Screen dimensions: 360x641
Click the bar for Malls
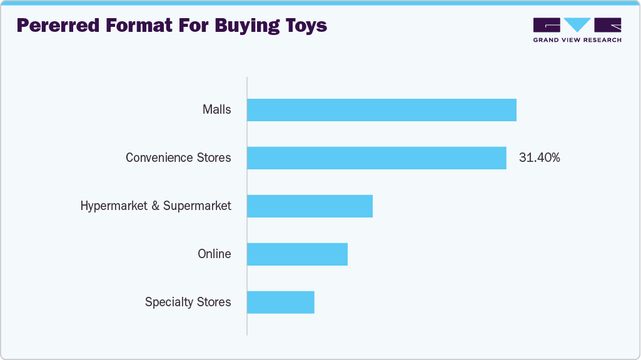click(x=381, y=110)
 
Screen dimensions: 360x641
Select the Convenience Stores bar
click(x=376, y=158)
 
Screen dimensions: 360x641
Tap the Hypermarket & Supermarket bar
click(x=310, y=206)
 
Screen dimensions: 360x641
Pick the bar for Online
click(x=297, y=254)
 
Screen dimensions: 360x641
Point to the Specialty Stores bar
click(x=280, y=302)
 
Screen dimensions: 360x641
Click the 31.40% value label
click(x=539, y=158)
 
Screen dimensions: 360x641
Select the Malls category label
click(x=216, y=110)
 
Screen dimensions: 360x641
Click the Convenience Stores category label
click(x=178, y=158)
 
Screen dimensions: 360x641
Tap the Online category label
click(x=214, y=254)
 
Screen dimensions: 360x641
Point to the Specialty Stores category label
click(x=188, y=302)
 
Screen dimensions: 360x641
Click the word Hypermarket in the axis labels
click(x=114, y=206)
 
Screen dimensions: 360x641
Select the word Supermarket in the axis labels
click(x=197, y=206)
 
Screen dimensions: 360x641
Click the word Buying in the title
click(x=237, y=26)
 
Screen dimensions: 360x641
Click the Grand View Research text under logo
click(x=577, y=40)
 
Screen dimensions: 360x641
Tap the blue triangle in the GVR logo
click(x=577, y=25)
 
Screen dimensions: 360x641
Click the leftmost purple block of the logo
click(x=547, y=25)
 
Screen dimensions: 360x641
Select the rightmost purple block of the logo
click(x=608, y=25)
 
